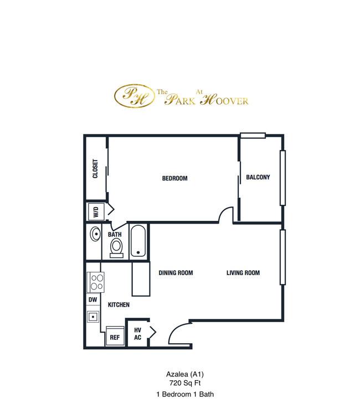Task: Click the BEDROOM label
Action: tap(174, 178)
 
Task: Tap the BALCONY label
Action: tap(258, 177)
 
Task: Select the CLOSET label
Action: tap(95, 169)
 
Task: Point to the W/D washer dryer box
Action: tap(96, 211)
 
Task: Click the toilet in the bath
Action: tap(116, 248)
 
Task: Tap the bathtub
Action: tap(138, 241)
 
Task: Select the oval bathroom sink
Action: tap(95, 234)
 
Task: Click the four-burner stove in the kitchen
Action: tap(96, 282)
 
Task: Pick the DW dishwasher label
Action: tap(93, 299)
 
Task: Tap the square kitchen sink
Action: tap(93, 317)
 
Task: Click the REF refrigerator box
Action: tap(115, 336)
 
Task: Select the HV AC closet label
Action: tap(138, 334)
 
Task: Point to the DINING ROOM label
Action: tap(176, 273)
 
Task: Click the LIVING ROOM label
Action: tap(243, 273)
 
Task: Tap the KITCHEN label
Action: tap(119, 304)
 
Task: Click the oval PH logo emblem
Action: tap(135, 96)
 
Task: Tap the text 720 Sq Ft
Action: tap(185, 383)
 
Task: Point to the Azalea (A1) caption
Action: tap(185, 374)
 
